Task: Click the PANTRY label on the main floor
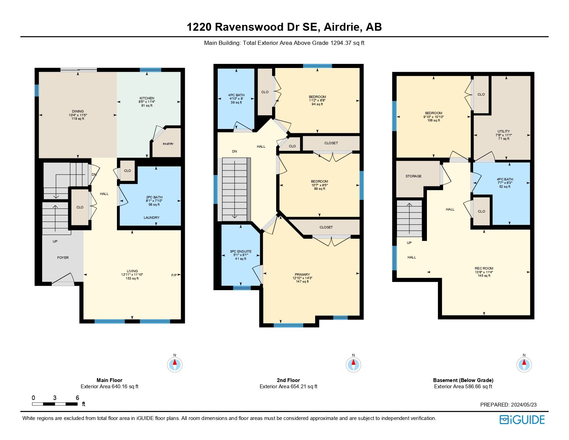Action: pyautogui.click(x=168, y=144)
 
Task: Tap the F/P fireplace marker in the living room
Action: pyautogui.click(x=174, y=275)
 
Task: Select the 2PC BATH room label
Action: pyautogui.click(x=154, y=197)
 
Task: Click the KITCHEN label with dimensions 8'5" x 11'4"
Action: pyautogui.click(x=147, y=98)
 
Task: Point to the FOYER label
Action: pyautogui.click(x=63, y=257)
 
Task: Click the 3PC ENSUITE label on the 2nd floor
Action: pyautogui.click(x=241, y=252)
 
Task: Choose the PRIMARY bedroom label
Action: pyautogui.click(x=302, y=275)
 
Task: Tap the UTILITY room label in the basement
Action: pyautogui.click(x=503, y=131)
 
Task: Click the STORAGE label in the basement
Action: pyautogui.click(x=413, y=176)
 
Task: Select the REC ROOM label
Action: pyautogui.click(x=484, y=268)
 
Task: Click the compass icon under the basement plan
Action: pyautogui.click(x=524, y=364)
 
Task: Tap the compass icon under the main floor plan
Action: pyautogui.click(x=175, y=364)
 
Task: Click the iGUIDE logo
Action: pyautogui.click(x=522, y=420)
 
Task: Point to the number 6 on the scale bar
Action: pyautogui.click(x=78, y=398)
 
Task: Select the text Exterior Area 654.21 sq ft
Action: pyautogui.click(x=288, y=387)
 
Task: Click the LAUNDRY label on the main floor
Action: pyautogui.click(x=151, y=217)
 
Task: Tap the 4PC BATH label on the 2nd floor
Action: pyautogui.click(x=236, y=95)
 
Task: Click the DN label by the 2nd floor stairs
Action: pyautogui.click(x=234, y=151)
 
